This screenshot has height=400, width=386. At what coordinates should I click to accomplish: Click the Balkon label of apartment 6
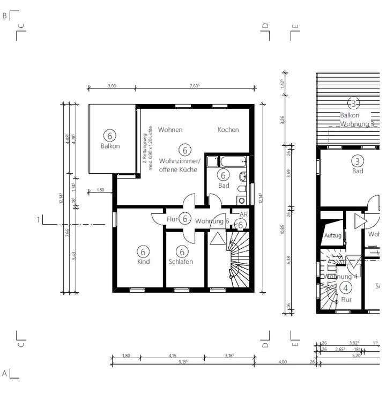[110, 146]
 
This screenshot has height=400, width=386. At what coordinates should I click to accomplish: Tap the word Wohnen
[170, 130]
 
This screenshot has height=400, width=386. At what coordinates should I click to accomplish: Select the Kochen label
[228, 130]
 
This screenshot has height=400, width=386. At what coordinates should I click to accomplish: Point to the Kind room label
[143, 262]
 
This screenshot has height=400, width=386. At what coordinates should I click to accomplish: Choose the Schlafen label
[181, 262]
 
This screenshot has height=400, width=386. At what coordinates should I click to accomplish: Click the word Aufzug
[332, 235]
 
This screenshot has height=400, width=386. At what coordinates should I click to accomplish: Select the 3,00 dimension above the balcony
[112, 86]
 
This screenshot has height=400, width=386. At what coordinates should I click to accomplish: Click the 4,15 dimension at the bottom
[172, 355]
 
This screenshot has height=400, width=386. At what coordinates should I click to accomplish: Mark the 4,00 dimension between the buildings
[283, 362]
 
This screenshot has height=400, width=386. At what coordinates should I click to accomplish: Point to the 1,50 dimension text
[100, 190]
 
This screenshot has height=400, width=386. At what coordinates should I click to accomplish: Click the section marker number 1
[38, 219]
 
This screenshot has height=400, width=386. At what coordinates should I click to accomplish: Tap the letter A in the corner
[5, 373]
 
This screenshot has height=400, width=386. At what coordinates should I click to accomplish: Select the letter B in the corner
[5, 16]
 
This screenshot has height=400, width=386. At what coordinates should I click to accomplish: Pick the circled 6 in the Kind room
[143, 251]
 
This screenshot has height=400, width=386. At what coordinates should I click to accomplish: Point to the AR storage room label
[243, 214]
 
